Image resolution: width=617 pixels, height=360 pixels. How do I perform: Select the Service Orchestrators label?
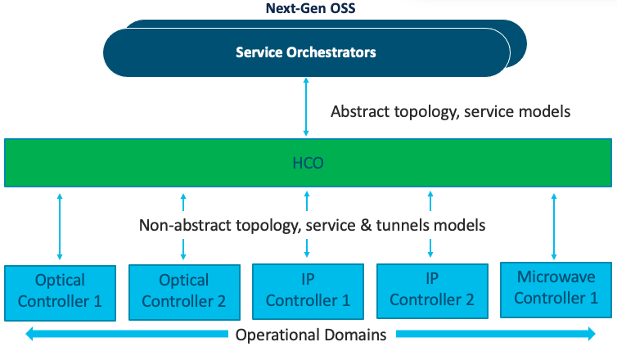[x=305, y=52]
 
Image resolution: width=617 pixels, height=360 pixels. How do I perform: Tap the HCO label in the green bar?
[x=308, y=163]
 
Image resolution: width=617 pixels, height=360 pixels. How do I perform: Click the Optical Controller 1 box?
[x=60, y=290]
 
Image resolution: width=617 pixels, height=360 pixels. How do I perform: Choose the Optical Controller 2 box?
[x=183, y=290]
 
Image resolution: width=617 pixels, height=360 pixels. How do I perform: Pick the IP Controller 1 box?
[x=308, y=290]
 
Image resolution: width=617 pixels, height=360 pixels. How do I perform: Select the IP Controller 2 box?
[x=431, y=290]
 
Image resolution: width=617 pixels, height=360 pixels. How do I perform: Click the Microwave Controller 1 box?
[x=555, y=289]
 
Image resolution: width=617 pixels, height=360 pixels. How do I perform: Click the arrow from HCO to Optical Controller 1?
[x=60, y=225]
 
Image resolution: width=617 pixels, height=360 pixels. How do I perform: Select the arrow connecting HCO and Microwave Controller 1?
[x=555, y=225]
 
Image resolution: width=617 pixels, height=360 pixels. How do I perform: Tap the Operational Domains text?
[x=311, y=335]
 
